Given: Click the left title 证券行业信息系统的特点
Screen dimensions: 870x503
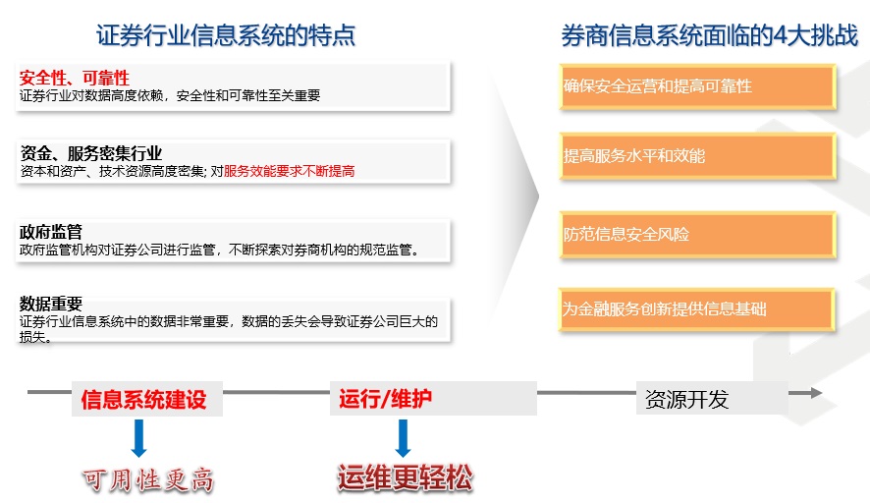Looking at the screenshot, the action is tap(225, 35).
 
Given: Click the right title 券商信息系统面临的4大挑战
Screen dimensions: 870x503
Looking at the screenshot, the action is tap(710, 35).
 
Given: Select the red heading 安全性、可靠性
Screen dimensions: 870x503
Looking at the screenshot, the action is tap(74, 78).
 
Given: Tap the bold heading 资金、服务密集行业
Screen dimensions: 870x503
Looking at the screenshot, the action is tap(91, 152).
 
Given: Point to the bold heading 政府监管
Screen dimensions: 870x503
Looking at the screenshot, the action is tap(51, 231).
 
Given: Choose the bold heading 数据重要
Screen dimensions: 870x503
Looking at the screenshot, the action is tap(51, 304).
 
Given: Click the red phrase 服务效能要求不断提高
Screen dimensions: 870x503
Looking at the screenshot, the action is tap(289, 171).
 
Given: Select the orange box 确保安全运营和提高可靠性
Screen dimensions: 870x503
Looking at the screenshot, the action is tap(697, 86).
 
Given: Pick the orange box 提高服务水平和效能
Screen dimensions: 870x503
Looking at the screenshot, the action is tap(697, 156).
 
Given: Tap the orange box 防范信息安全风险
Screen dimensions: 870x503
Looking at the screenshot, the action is tap(697, 234).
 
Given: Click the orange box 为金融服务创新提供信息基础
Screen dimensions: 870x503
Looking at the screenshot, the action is tap(696, 309).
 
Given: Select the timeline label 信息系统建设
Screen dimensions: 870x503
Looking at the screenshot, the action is tap(143, 399).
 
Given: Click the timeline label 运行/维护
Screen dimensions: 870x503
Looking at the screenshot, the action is tap(386, 399).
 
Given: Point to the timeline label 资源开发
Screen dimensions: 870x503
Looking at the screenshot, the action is tap(686, 399).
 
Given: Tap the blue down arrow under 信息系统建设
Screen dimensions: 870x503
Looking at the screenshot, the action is tap(138, 438).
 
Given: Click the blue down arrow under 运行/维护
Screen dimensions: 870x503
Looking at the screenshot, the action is tap(404, 438).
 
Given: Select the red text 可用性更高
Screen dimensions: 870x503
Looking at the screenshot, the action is tap(148, 479).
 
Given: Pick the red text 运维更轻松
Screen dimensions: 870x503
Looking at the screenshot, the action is tap(405, 477).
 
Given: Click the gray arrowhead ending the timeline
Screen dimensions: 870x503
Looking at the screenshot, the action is tap(816, 393).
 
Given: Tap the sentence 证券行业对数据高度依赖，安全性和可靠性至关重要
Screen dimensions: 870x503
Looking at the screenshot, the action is tap(170, 95).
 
